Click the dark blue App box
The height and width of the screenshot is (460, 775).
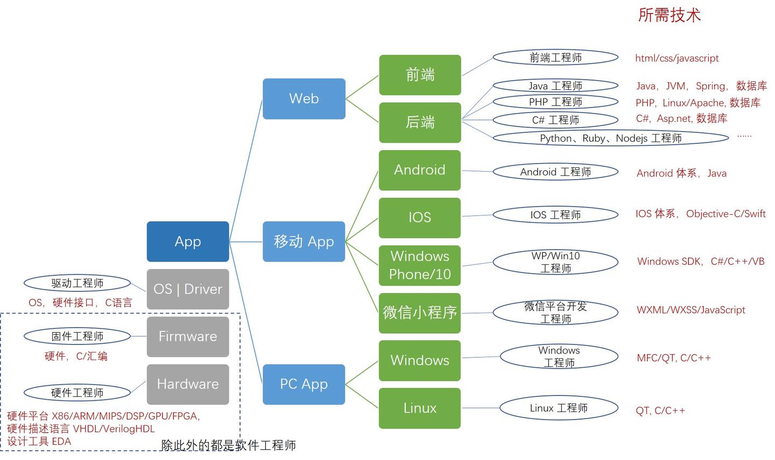pyautogui.click(x=188, y=242)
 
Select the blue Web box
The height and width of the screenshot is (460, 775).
pyautogui.click(x=304, y=98)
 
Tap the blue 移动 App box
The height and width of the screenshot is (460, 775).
pyautogui.click(x=304, y=242)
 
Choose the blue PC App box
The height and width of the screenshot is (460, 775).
pyautogui.click(x=304, y=384)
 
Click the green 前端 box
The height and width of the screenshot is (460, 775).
pyautogui.click(x=420, y=75)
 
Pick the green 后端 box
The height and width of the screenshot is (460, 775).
pyautogui.click(x=420, y=122)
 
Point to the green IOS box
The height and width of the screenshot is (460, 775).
pyautogui.click(x=420, y=217)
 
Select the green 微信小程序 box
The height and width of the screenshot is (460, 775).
pyautogui.click(x=420, y=313)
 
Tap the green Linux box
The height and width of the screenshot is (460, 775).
pyautogui.click(x=420, y=408)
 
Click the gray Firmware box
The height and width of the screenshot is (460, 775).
pyautogui.click(x=188, y=336)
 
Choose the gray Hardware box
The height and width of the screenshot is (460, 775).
pyautogui.click(x=188, y=384)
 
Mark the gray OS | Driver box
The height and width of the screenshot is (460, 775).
pyautogui.click(x=188, y=289)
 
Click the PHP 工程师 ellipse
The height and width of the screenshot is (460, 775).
pyautogui.click(x=555, y=102)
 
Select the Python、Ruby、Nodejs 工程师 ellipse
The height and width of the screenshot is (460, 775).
pyautogui.click(x=610, y=138)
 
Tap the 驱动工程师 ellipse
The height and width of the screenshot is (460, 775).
pyautogui.click(x=77, y=283)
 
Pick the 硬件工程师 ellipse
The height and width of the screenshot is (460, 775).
pyautogui.click(x=77, y=393)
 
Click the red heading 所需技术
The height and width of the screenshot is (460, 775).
pyautogui.click(x=669, y=15)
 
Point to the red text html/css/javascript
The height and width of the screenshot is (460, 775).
pyautogui.click(x=677, y=58)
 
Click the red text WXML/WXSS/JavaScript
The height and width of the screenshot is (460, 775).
pyautogui.click(x=691, y=310)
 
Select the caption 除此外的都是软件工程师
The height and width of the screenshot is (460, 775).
pyautogui.click(x=228, y=445)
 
